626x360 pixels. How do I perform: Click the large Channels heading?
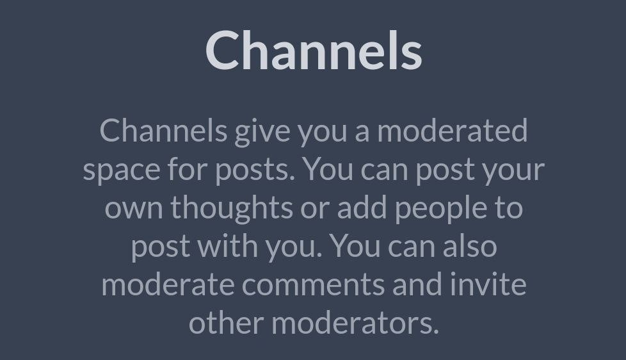pos(314,51)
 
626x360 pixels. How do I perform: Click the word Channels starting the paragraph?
pos(163,130)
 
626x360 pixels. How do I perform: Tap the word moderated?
pos(453,130)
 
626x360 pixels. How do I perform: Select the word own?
pos(134,209)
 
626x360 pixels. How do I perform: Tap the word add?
pos(362,207)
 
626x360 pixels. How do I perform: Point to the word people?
pos(441,209)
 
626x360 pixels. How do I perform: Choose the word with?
pos(228,245)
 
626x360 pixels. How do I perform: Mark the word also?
pos(470,245)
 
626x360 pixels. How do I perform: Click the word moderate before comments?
pos(168,284)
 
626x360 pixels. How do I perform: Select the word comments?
pos(314,285)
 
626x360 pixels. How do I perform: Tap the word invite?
pos(488,284)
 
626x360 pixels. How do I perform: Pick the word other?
pos(227,322)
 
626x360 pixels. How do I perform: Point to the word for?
pos(188,169)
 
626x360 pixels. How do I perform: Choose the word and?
pos(417,284)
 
